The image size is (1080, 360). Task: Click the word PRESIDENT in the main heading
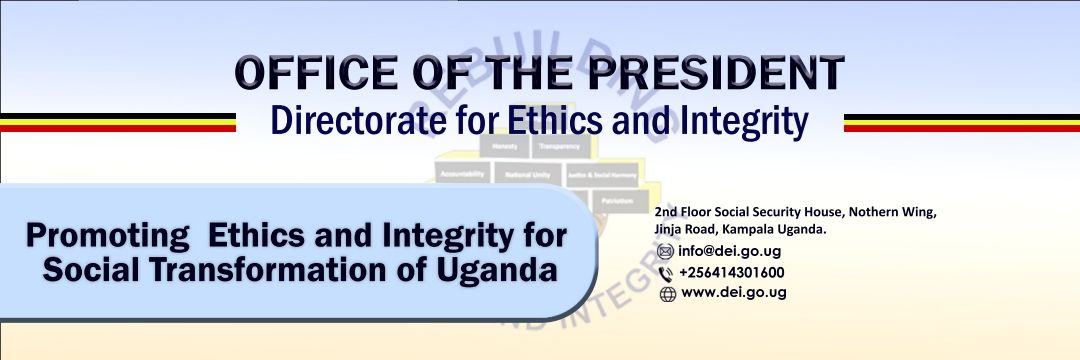(x=717, y=74)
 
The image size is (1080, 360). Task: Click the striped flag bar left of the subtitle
(x=118, y=122)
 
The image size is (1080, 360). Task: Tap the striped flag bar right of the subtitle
(x=961, y=122)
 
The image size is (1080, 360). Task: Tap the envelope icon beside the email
(x=665, y=252)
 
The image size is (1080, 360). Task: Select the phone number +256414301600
(x=731, y=272)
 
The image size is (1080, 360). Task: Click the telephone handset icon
(x=666, y=273)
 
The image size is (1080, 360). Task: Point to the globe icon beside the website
(x=668, y=294)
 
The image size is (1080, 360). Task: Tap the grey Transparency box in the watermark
(x=557, y=146)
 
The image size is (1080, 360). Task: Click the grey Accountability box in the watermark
(x=461, y=174)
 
